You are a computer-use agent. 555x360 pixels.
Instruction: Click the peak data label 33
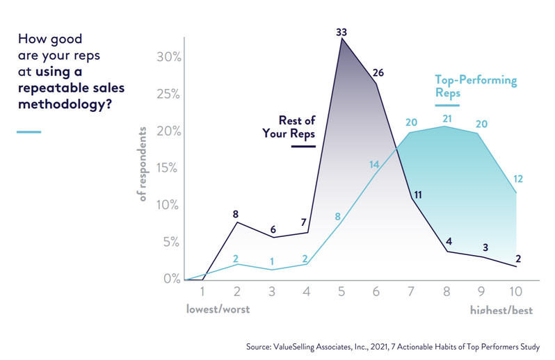pos(342,31)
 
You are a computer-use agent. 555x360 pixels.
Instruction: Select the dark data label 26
pos(378,72)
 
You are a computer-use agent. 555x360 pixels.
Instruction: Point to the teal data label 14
pos(373,164)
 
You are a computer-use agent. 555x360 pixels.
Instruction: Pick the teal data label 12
pos(517,179)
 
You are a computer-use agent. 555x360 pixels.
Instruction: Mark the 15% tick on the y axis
pos(168,168)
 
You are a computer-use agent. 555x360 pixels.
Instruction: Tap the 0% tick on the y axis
pos(170,279)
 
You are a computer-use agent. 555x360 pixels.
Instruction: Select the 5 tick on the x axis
pos(341,293)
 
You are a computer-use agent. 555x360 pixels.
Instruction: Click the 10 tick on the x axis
pos(516,293)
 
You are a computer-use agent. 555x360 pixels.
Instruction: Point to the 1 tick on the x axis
pos(202,293)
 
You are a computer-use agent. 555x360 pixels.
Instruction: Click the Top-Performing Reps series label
pos(476,86)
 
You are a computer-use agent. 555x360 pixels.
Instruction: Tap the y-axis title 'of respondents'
pos(143,165)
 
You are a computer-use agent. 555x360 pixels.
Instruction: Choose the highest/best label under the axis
pos(501,311)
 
